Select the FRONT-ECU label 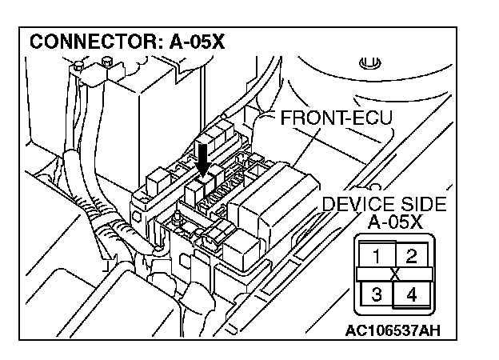(336, 119)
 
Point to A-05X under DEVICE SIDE (396, 222)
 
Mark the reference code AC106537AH (393, 329)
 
